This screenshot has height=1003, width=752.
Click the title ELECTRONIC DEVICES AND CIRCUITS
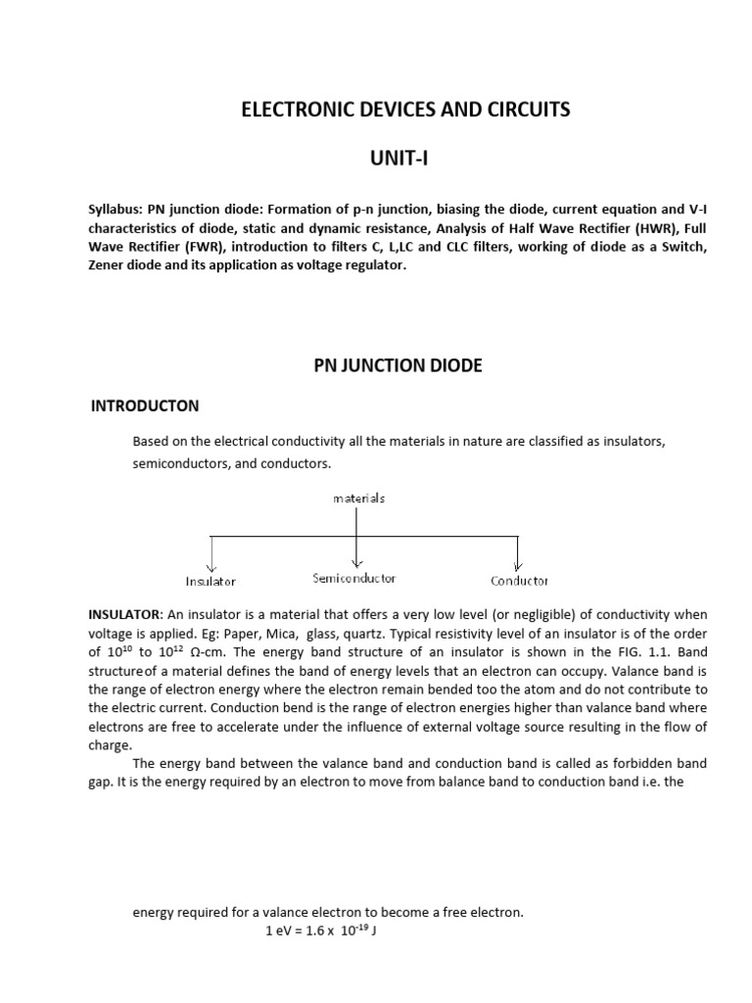tap(404, 110)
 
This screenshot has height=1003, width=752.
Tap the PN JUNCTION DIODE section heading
tap(398, 365)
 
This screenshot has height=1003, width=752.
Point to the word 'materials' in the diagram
tap(358, 498)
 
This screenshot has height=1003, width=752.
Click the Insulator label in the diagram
tap(211, 581)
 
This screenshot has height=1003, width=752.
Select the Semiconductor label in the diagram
tap(354, 578)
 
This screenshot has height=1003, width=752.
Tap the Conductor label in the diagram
tap(519, 581)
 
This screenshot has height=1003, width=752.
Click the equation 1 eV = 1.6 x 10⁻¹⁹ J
tap(321, 931)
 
